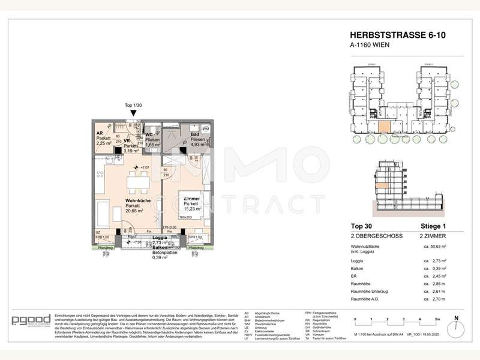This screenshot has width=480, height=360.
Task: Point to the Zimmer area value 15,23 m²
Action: [x=191, y=209]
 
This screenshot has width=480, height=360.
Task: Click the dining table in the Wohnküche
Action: [x=137, y=179]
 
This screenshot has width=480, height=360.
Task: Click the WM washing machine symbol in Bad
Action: [x=205, y=129]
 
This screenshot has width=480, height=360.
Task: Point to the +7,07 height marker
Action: [x=142, y=167]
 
